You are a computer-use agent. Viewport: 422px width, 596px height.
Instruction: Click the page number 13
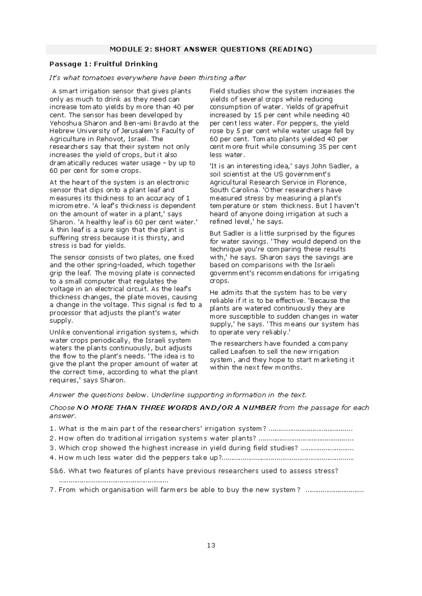211,545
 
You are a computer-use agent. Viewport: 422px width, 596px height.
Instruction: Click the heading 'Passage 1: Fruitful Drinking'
103,64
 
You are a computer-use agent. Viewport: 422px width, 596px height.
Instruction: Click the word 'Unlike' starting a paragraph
60,332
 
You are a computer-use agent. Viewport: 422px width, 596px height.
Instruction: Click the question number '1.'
53,429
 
